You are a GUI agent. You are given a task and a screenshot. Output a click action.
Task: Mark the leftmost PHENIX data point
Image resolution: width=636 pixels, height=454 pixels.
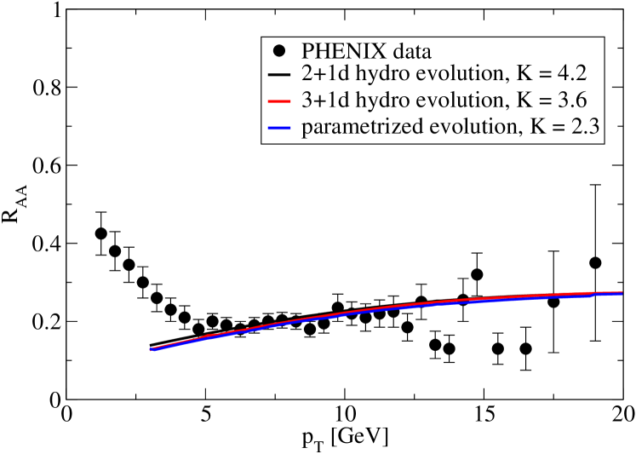pyautogui.click(x=101, y=233)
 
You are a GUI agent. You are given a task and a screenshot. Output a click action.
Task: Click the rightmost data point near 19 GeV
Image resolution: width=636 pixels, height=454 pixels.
pyautogui.click(x=595, y=262)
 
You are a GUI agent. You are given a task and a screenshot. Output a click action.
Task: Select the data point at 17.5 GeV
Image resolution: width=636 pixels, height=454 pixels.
pyautogui.click(x=553, y=302)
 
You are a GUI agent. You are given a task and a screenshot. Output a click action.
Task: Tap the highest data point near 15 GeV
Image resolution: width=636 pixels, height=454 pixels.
pyautogui.click(x=477, y=274)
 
